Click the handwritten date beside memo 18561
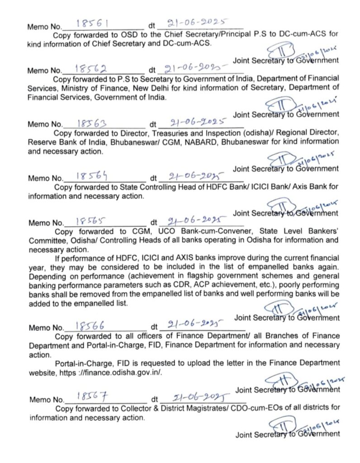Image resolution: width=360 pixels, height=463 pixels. coord(197,22)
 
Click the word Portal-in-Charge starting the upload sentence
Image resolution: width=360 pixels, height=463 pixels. coord(82,363)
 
